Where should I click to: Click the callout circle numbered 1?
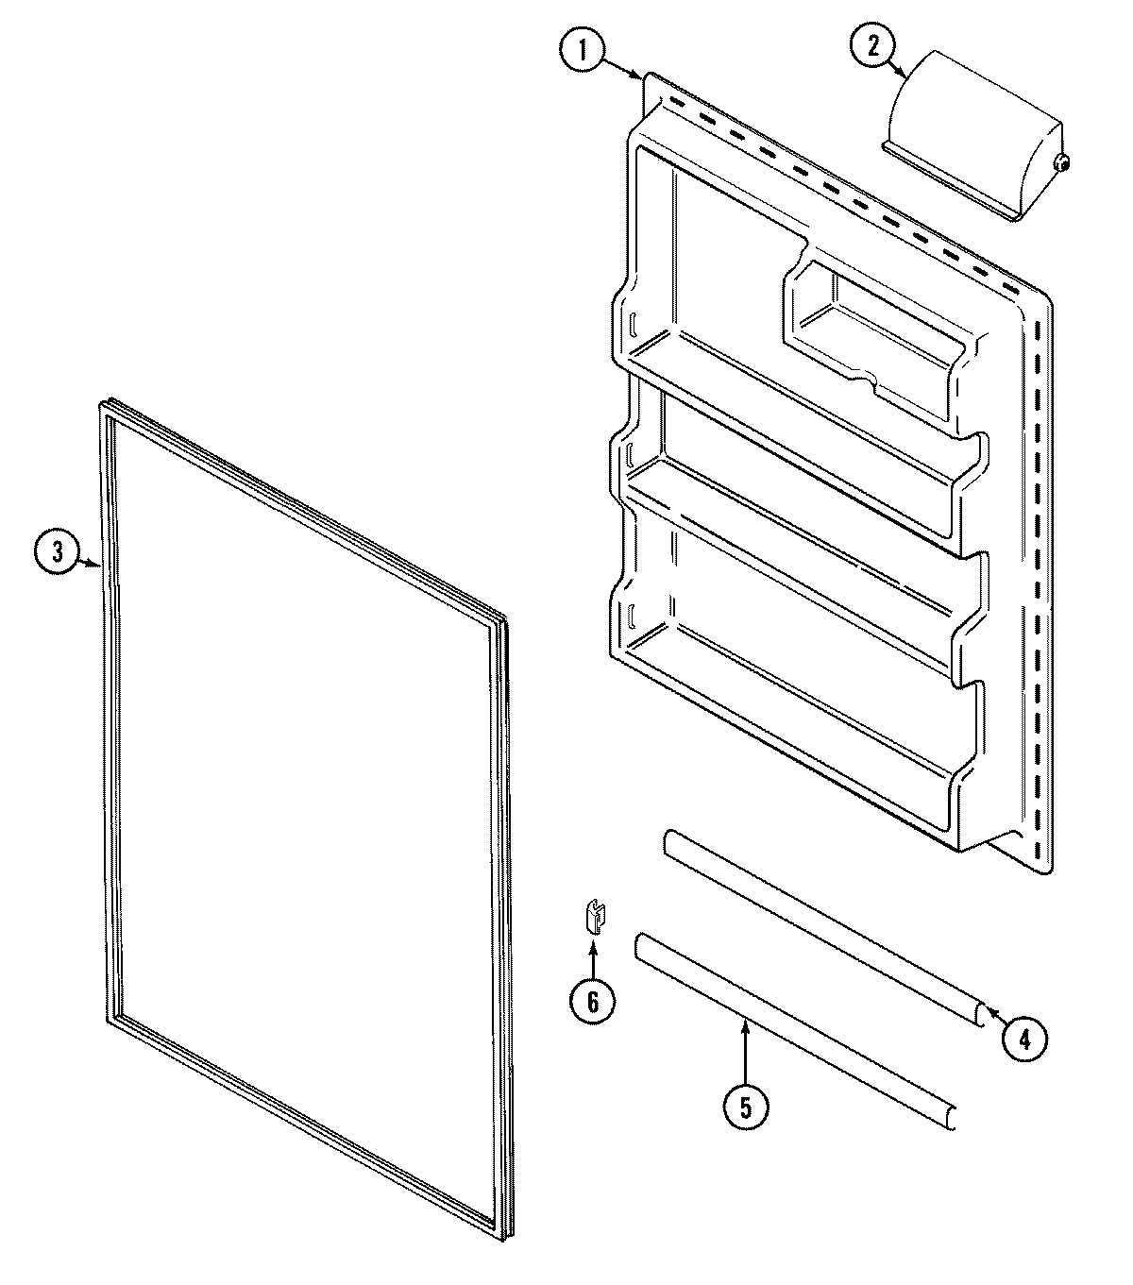point(583,51)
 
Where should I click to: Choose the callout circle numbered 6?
point(593,1002)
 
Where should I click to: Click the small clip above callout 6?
point(593,917)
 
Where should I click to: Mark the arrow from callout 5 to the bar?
point(746,1048)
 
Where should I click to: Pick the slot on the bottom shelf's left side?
point(627,620)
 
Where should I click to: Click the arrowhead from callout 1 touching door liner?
point(640,76)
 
